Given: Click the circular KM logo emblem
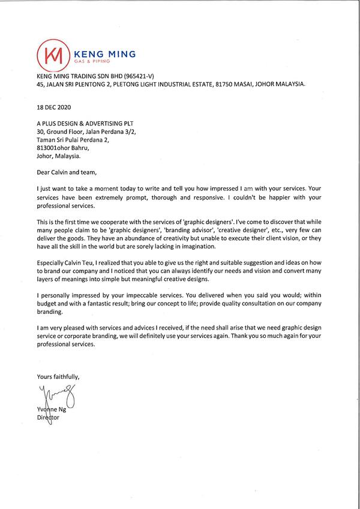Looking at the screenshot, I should pyautogui.click(x=52, y=54).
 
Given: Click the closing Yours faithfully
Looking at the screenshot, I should pyautogui.click(x=58, y=377).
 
